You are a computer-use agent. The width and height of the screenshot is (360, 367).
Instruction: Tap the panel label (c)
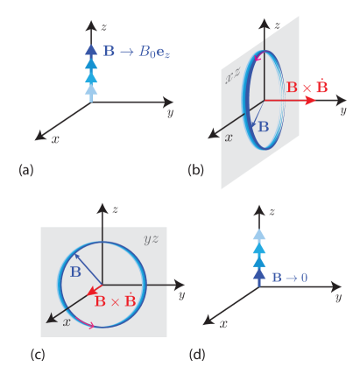(x=38, y=353)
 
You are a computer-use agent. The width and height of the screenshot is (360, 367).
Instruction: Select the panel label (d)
(x=197, y=353)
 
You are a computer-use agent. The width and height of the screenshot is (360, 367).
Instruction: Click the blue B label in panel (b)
(x=262, y=126)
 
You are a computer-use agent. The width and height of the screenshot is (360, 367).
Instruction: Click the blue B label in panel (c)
(x=75, y=272)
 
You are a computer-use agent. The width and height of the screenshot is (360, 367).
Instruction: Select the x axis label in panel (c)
(x=66, y=322)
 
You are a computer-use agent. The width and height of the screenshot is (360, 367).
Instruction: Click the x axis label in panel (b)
(x=229, y=138)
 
